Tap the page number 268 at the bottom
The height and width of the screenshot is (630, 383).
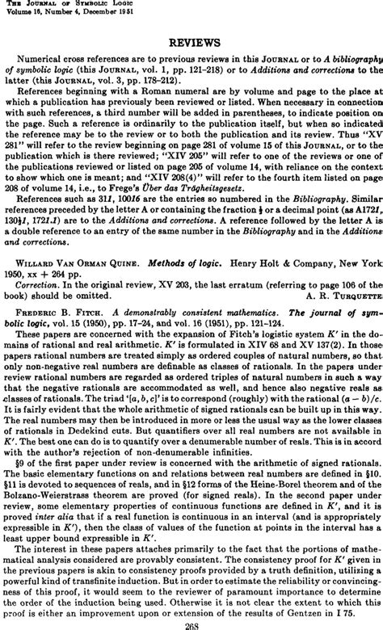(x=192, y=624)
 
